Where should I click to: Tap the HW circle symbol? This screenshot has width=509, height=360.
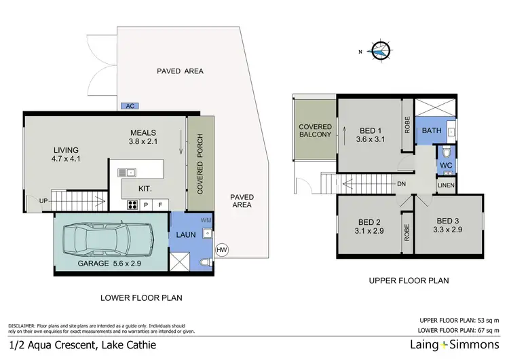tap(221, 251)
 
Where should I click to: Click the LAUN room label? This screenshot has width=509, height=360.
tap(186, 236)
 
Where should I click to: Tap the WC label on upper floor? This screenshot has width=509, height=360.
tap(446, 165)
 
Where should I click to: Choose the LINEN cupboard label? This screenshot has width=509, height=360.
tap(446, 185)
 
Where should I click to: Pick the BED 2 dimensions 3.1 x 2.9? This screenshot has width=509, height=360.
tap(370, 232)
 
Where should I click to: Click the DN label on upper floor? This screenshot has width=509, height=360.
tap(402, 183)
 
